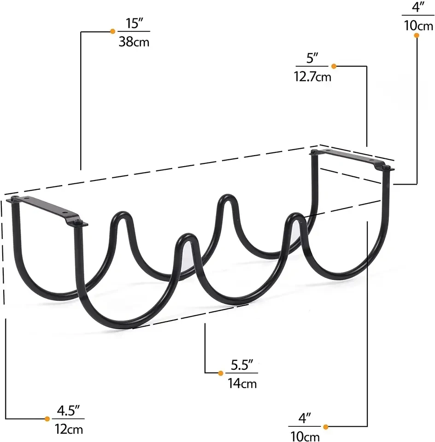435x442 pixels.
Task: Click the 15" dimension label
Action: (x=134, y=23)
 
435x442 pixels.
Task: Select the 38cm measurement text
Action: (x=134, y=42)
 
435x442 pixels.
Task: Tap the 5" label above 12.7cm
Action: (x=312, y=58)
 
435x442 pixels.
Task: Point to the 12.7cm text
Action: (x=312, y=77)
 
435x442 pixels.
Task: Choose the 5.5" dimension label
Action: (x=242, y=365)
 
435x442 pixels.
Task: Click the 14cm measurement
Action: (x=242, y=384)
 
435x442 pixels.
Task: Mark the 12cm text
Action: (x=69, y=429)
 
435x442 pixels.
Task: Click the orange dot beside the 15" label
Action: (x=112, y=31)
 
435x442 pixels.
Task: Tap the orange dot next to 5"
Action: (x=334, y=66)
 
